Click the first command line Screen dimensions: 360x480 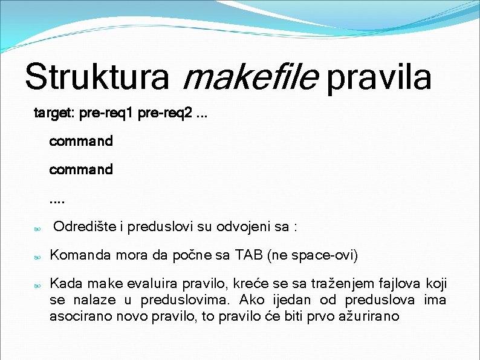click(x=81, y=141)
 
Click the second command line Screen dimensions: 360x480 click(x=81, y=169)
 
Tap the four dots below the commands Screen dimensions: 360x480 click(x=57, y=198)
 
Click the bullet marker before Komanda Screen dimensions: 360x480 click(x=37, y=257)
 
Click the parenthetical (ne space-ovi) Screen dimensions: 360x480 click(x=313, y=255)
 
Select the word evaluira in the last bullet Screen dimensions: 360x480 click(x=155, y=284)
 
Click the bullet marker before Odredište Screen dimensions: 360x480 click(x=37, y=229)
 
